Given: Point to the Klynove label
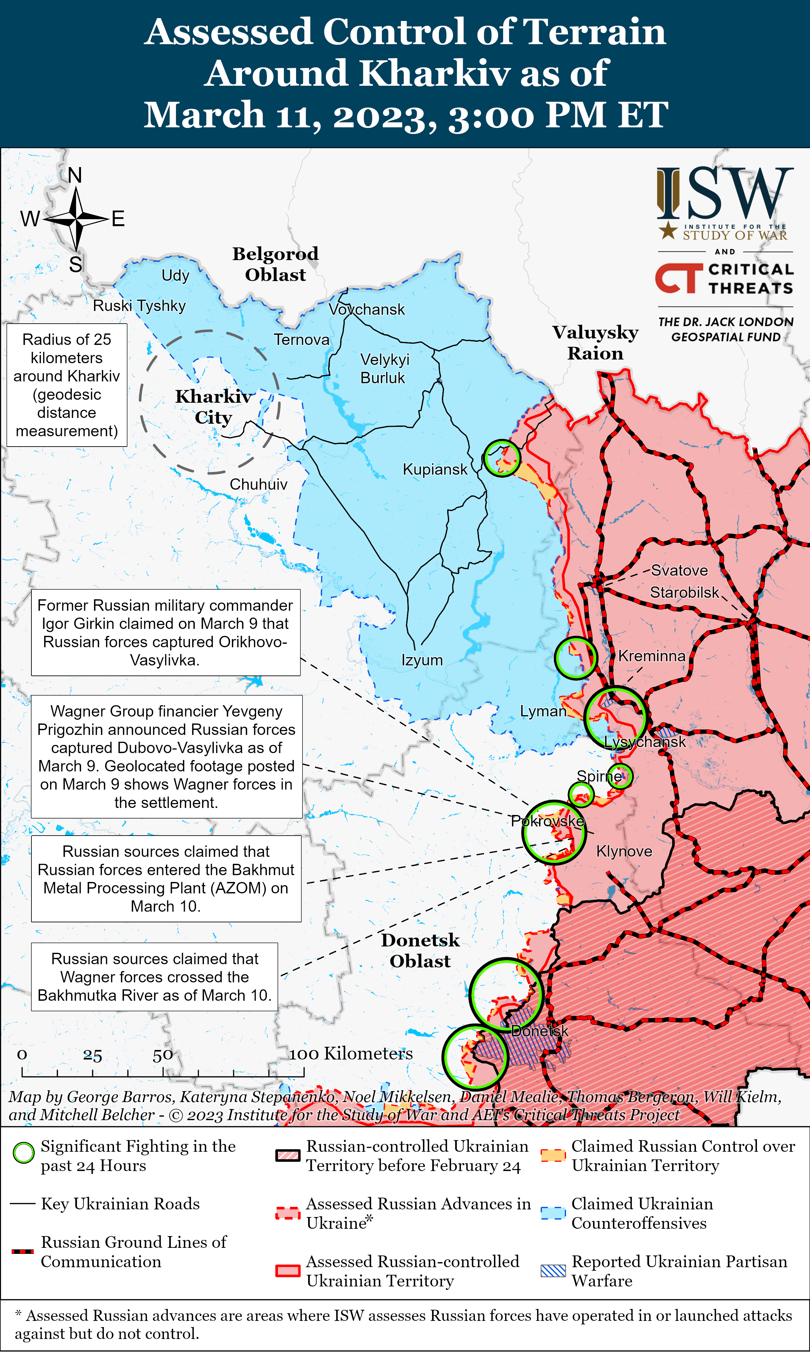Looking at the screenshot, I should click(624, 851).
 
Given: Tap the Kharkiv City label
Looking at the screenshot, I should click(213, 407).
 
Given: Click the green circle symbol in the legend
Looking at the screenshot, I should click(24, 1154).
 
